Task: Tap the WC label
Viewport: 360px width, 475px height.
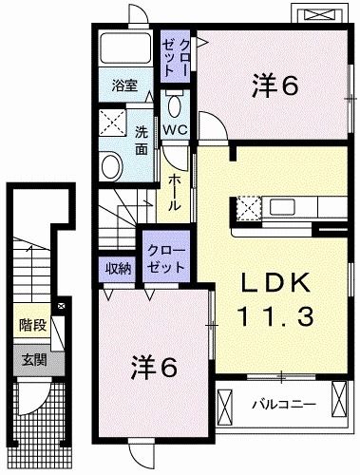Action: [x=174, y=129]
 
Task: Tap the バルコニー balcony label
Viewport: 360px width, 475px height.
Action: [x=282, y=405]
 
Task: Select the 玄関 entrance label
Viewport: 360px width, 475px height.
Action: [x=33, y=359]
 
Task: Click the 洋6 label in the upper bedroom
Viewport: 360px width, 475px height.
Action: [x=275, y=85]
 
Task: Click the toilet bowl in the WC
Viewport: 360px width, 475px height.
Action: [x=175, y=104]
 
